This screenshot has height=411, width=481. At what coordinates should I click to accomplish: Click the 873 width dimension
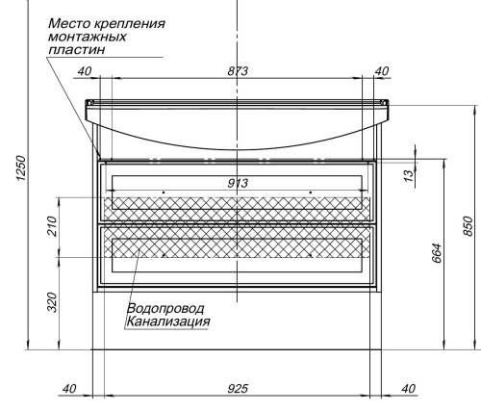[x=238, y=70]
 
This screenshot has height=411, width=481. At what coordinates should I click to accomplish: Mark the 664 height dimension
[x=436, y=256]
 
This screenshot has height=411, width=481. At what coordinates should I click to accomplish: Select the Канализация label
[x=167, y=321]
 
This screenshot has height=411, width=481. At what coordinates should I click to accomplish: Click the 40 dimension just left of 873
[x=84, y=70]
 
